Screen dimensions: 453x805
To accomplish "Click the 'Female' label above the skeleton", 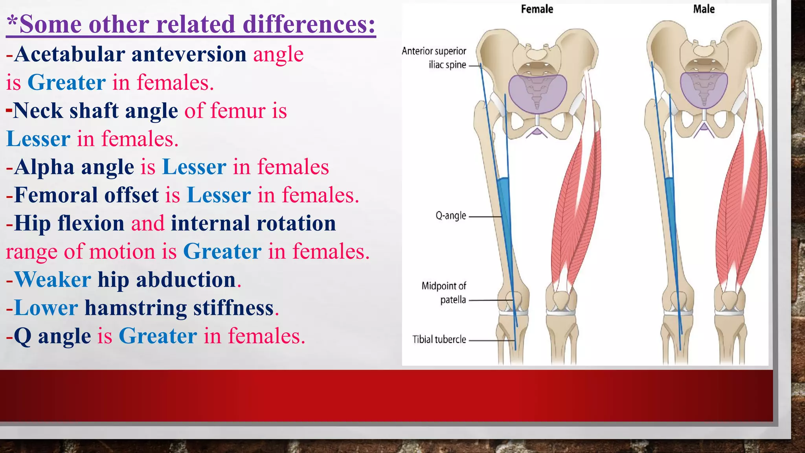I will [x=537, y=9].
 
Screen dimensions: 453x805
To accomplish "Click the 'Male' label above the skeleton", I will [x=704, y=9].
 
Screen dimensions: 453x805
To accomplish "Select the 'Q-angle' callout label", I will [x=450, y=215].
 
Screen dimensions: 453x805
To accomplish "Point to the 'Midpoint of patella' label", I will [x=444, y=293].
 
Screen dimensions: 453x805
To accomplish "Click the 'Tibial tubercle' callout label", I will [x=439, y=339].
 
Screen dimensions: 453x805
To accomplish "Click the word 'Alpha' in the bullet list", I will [x=44, y=167].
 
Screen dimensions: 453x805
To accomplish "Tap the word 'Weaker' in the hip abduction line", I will [x=53, y=280].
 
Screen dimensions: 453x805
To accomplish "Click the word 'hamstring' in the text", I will [x=135, y=308].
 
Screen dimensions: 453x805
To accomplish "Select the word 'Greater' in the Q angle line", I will [x=158, y=336].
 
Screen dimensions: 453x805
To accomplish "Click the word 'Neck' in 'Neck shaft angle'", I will [x=38, y=111].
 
